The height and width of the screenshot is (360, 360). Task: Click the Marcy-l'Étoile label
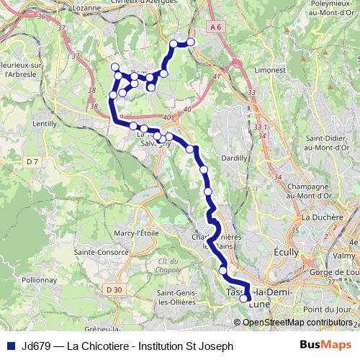(x=137, y=233)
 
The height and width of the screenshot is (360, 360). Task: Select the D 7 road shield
(x=32, y=161)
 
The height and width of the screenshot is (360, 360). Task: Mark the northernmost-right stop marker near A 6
(x=192, y=42)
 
